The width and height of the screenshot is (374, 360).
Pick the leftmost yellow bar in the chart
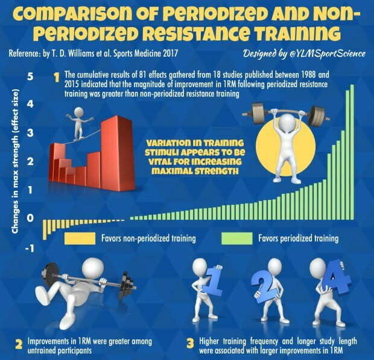coord(43,230)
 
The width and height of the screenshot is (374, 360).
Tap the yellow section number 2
coord(19,344)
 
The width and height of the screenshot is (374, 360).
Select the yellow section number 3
coord(190,344)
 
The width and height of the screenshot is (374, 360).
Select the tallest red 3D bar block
coord(116,151)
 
